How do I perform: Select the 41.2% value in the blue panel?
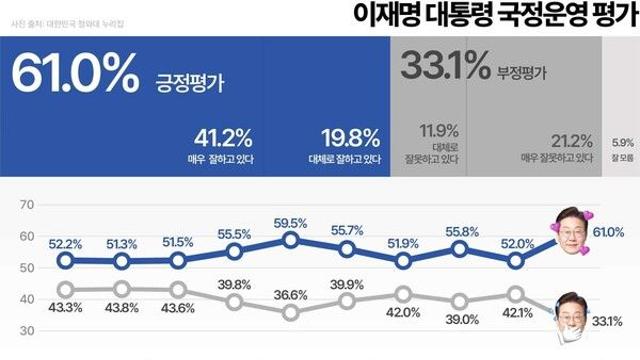click(229, 137)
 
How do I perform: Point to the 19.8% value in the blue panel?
click(347, 137)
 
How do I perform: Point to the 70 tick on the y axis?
click(26, 205)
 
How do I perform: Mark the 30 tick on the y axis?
click(26, 330)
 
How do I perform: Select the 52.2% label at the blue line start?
click(65, 243)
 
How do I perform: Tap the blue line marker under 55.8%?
click(460, 249)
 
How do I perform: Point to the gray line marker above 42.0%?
click(403, 294)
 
